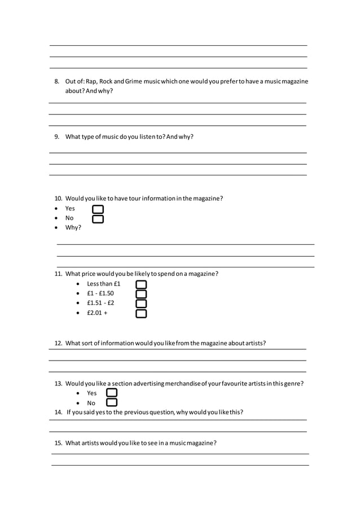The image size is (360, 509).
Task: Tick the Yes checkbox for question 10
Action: tap(98, 209)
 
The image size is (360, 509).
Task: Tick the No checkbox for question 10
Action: tap(98, 219)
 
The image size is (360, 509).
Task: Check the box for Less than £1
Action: tap(141, 284)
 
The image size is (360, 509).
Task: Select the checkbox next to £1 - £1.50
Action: tap(141, 294)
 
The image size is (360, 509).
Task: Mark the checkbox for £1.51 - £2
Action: tap(141, 304)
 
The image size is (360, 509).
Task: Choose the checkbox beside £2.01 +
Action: tap(141, 313)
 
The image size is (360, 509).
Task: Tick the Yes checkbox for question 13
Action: tap(112, 393)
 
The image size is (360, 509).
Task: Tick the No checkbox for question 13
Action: tap(112, 402)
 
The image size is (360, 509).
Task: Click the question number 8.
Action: tap(57, 82)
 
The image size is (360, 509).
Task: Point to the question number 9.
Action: tap(57, 137)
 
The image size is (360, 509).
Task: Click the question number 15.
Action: tap(58, 443)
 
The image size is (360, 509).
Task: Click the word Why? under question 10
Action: tap(73, 227)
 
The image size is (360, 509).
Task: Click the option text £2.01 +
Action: tap(97, 313)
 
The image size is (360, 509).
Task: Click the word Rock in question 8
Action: tap(106, 82)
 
